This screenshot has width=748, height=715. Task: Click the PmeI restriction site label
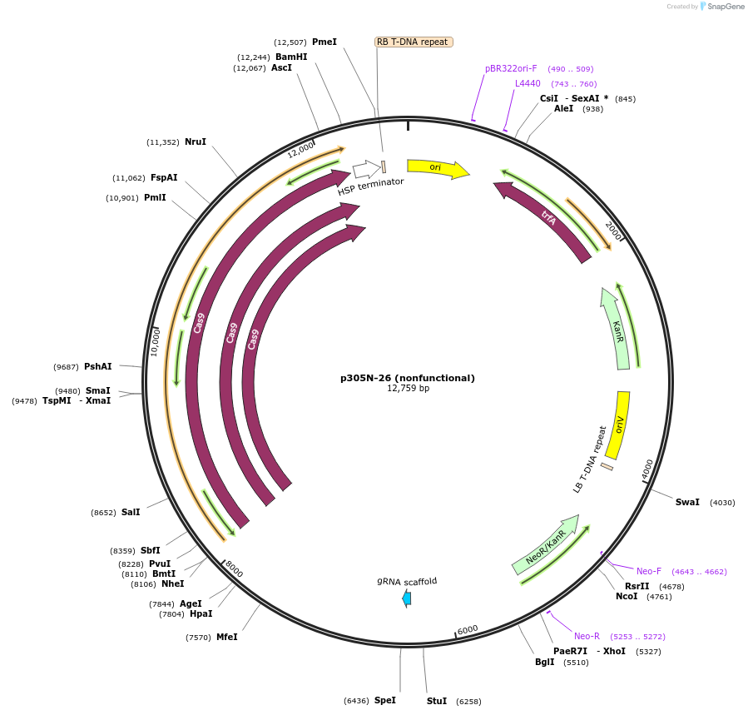[324, 42]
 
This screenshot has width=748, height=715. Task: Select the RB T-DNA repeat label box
[414, 42]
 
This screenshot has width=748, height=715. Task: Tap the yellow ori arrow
[437, 168]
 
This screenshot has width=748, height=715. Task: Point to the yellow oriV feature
[618, 425]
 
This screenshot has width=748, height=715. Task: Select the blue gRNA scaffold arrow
[407, 598]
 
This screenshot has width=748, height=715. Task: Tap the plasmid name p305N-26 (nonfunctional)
[407, 378]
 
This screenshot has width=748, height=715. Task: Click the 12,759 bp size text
[408, 389]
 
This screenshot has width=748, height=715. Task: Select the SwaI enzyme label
[687, 502]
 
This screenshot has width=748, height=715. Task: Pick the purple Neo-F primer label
[649, 571]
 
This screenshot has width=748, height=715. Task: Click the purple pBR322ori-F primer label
[511, 68]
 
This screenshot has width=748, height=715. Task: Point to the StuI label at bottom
[437, 701]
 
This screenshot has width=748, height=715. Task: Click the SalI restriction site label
[131, 512]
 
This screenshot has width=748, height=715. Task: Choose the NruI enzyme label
[196, 142]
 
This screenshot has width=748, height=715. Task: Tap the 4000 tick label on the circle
[648, 469]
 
